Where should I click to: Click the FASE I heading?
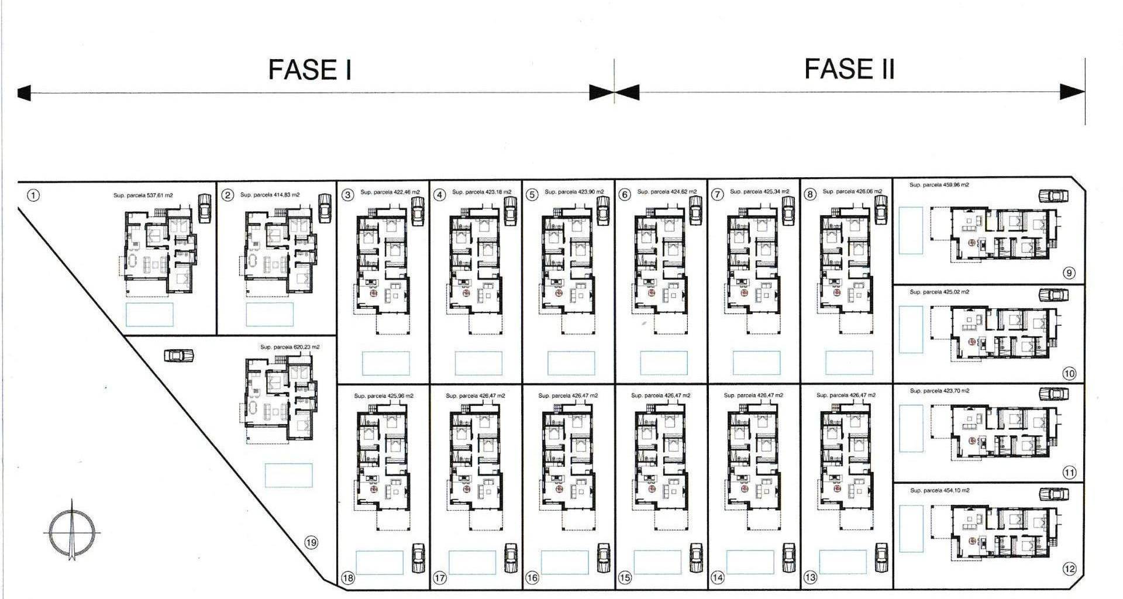pyautogui.click(x=309, y=70)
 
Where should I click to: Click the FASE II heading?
pyautogui.click(x=849, y=69)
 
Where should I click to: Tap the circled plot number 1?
pyautogui.click(x=34, y=195)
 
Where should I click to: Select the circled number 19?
pyautogui.click(x=311, y=543)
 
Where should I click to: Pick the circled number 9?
pyautogui.click(x=1069, y=273)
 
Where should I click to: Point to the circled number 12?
pyautogui.click(x=1069, y=569)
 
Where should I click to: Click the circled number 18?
pyautogui.click(x=348, y=579)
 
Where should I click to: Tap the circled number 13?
pyautogui.click(x=810, y=578)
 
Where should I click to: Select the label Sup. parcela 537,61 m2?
pyautogui.click(x=143, y=195)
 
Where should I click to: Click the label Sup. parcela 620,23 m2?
pyautogui.click(x=290, y=347)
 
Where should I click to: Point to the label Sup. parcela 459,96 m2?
pyautogui.click(x=939, y=185)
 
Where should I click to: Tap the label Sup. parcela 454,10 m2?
pyautogui.click(x=939, y=490)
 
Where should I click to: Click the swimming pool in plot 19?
pyautogui.click(x=288, y=476)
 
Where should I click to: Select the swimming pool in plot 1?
pyautogui.click(x=150, y=314)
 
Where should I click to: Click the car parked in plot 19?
pyautogui.click(x=179, y=355)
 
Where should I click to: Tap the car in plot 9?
pyautogui.click(x=1053, y=196)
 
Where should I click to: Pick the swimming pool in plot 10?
pyautogui.click(x=911, y=329)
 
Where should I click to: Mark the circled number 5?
pyautogui.click(x=532, y=195)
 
